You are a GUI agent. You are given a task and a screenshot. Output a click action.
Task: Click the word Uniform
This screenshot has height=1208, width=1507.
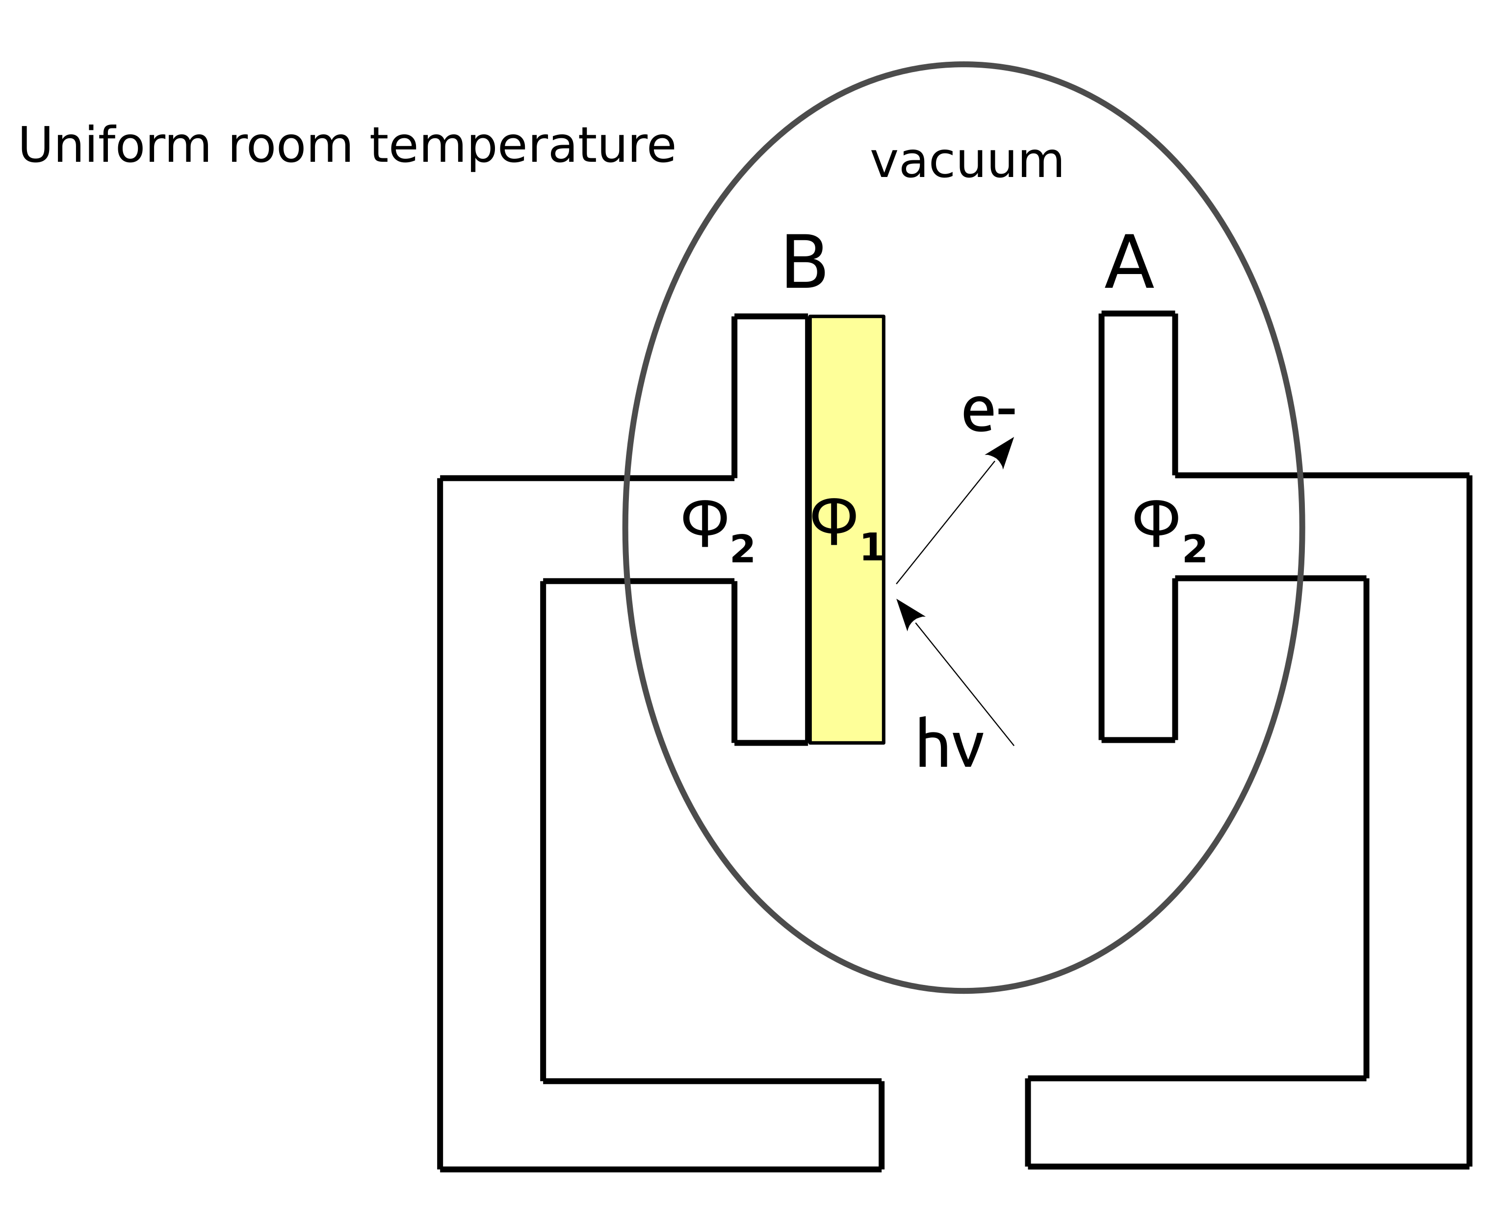pos(113,146)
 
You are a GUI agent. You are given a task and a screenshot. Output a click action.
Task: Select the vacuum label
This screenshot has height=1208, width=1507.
pos(967,162)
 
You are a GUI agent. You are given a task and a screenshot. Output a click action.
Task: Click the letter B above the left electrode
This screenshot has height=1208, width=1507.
pos(804,263)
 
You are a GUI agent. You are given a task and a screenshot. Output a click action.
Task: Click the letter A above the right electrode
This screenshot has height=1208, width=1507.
pos(1129,263)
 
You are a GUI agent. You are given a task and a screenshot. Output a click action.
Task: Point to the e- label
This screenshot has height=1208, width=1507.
pos(987,414)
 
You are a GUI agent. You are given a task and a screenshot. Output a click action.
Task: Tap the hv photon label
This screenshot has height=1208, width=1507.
pos(949,746)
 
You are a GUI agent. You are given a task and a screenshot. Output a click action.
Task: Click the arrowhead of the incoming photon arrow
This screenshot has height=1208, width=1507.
pos(907,612)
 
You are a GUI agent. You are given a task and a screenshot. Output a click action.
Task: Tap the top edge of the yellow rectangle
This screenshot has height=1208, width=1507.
pos(847,317)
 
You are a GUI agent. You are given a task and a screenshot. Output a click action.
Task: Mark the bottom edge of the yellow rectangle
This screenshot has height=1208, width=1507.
pos(847,743)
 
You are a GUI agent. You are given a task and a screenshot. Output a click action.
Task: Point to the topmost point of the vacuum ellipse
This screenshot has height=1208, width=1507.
pos(964,65)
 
